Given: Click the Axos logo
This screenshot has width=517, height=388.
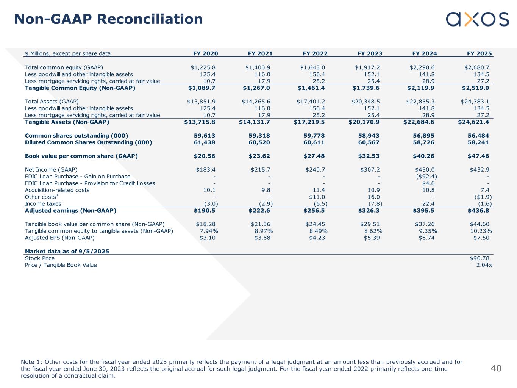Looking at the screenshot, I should pos(477,19).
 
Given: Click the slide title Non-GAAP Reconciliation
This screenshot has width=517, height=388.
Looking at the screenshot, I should pos(108,19).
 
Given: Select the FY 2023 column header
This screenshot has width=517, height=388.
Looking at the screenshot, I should pos(370,53).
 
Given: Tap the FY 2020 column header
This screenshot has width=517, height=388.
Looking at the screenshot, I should pos(205,53).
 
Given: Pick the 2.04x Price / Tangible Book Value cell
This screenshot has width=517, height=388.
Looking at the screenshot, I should pos(484,265).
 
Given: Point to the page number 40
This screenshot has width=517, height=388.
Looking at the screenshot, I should pos(496,368).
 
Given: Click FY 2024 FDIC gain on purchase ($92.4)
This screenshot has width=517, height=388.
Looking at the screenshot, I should pos(424,177).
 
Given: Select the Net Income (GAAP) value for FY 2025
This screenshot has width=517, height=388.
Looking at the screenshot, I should pos(479,170).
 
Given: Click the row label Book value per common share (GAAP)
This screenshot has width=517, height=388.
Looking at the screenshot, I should pos(81,156).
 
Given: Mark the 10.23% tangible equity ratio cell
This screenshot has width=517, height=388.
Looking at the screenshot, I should pos(481,231).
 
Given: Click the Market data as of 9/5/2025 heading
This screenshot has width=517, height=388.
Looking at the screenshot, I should pos(67,252).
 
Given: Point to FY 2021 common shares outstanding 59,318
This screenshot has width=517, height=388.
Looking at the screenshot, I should pos(259,136).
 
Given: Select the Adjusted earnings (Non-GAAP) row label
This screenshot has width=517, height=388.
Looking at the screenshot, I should pos(70,211).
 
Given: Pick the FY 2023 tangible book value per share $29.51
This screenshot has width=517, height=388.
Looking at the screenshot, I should pos(370,224).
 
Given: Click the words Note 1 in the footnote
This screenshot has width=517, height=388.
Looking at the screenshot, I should pos(30,362).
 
